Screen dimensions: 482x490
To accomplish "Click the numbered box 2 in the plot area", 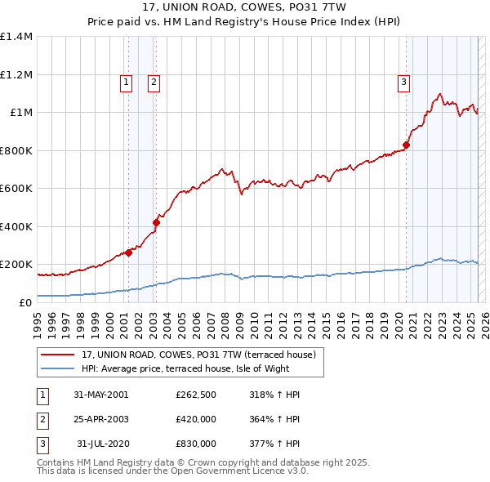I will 154,81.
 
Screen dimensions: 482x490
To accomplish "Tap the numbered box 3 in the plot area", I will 404,81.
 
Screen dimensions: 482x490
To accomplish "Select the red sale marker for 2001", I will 128,252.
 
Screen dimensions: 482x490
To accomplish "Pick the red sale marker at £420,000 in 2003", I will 156,222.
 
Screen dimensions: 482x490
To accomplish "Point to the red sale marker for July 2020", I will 406,145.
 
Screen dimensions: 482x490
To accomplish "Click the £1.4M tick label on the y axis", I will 16,37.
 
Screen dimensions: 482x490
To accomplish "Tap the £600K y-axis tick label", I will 16,188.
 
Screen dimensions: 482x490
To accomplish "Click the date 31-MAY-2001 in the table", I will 100,395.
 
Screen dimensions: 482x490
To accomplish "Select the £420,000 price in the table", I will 195,419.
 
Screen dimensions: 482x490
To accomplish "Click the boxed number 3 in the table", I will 42,444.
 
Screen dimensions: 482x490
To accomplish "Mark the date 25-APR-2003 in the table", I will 100,419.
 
